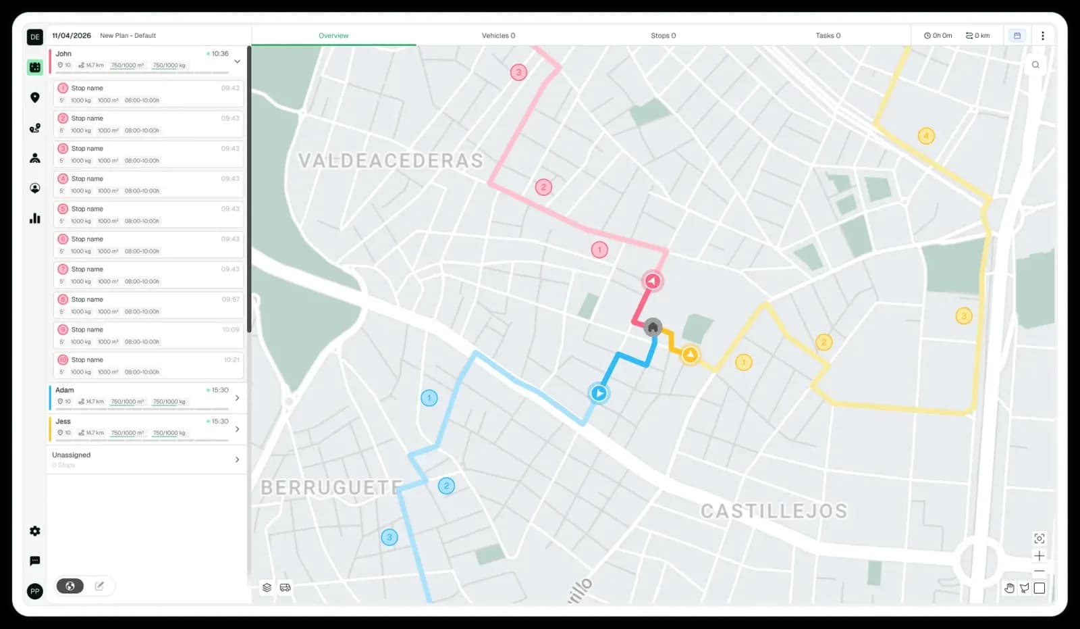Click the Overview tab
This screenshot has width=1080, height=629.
coord(333,36)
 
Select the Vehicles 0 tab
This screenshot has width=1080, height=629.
coord(498,36)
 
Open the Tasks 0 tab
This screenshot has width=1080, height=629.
coord(828,36)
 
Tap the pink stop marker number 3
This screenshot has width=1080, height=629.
coord(518,72)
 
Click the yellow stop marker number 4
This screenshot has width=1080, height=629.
coord(926,136)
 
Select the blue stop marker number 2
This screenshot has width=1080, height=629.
coord(446,486)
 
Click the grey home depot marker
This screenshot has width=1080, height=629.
coord(653,328)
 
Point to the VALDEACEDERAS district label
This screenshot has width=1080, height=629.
coord(391,161)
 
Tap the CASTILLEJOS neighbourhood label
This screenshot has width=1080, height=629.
coord(774,511)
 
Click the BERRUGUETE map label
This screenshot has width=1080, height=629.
coord(331,488)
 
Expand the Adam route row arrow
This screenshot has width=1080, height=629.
coord(237,398)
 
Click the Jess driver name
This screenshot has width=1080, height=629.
coord(63,422)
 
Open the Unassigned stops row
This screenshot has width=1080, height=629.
coord(145,459)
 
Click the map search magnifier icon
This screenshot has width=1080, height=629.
coord(1035,65)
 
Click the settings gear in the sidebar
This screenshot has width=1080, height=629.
coord(35,531)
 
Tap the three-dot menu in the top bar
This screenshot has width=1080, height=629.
coord(1042,36)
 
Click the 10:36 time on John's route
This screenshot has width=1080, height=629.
coord(219,54)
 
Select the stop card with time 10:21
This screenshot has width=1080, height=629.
coord(148,366)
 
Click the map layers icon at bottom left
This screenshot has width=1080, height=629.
coord(267,588)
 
